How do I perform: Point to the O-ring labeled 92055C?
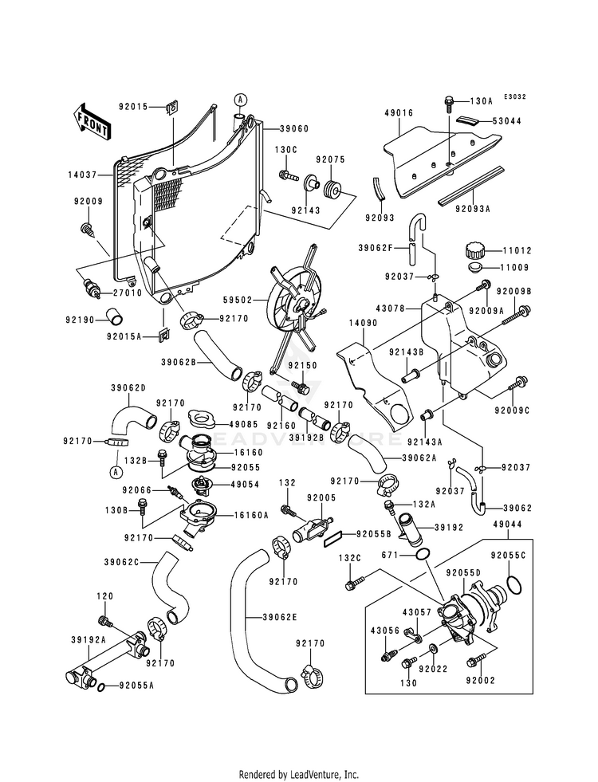click(515, 591)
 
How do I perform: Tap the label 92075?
click(329, 159)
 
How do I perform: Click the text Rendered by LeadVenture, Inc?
click(299, 774)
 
